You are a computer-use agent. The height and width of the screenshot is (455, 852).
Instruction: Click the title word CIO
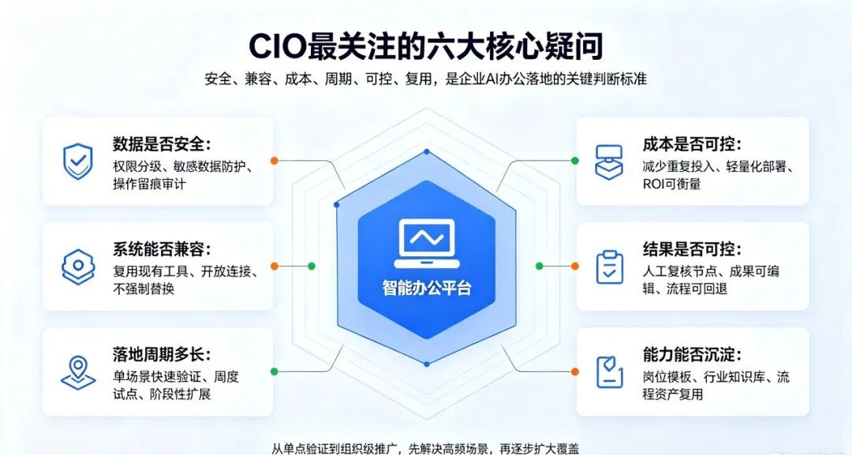tap(277, 47)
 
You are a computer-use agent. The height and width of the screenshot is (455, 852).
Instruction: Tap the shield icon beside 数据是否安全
tap(78, 161)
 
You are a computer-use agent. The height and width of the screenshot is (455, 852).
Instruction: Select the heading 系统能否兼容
tap(162, 249)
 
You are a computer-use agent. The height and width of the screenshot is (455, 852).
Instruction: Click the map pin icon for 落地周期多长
tap(78, 372)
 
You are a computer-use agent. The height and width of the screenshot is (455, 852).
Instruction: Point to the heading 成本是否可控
tap(692, 144)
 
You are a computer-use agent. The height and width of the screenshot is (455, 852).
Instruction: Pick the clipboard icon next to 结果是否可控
tap(610, 267)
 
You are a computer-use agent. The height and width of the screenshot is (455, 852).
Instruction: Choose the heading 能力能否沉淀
tap(692, 355)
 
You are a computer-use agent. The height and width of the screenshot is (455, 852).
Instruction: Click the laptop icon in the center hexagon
tap(427, 243)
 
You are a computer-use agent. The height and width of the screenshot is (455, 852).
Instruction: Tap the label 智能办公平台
tap(427, 288)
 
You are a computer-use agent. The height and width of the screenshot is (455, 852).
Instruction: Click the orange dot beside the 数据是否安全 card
tap(275, 161)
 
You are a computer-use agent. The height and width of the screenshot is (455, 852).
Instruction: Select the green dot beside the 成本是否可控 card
tap(575, 161)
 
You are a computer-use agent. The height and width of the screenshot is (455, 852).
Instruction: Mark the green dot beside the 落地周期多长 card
tap(275, 371)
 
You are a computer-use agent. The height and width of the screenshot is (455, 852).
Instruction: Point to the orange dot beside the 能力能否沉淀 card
tap(575, 371)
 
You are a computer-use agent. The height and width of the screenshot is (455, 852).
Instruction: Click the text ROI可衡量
tap(672, 184)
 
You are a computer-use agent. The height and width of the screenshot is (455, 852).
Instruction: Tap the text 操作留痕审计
tap(149, 184)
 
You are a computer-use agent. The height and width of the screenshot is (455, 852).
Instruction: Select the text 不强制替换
tap(144, 289)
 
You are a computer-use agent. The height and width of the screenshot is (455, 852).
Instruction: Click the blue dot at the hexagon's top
tap(427, 151)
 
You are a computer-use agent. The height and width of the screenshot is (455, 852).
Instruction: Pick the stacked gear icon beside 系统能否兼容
tap(78, 267)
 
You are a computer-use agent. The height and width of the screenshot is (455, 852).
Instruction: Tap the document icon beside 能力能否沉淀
tap(610, 372)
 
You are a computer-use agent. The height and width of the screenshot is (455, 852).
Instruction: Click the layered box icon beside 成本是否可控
tap(610, 162)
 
